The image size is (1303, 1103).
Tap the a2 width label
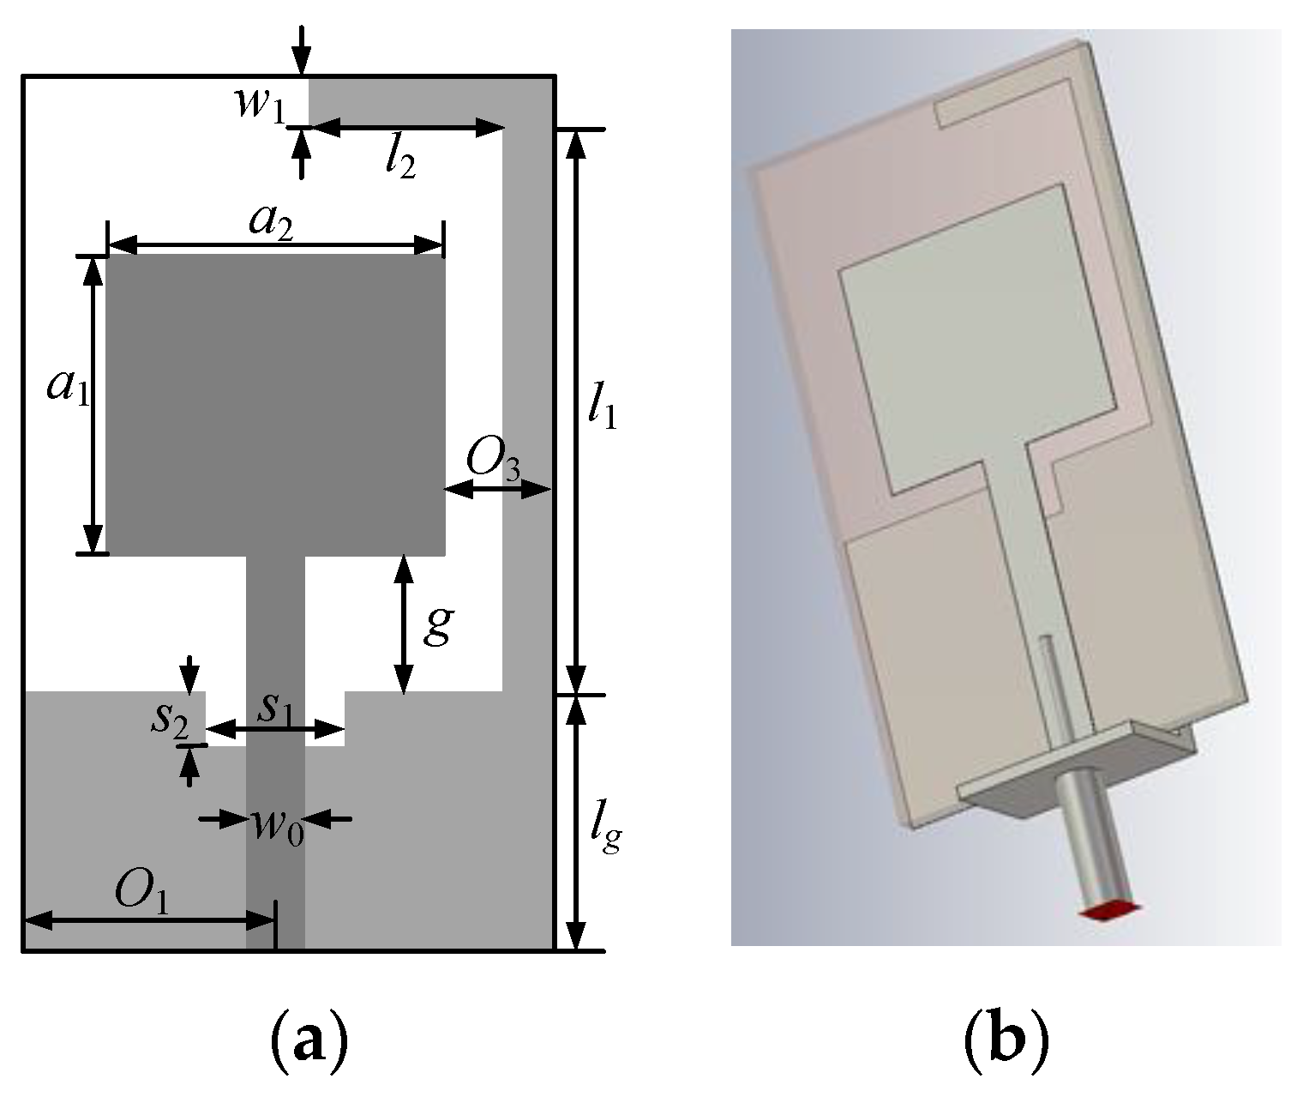(x=271, y=220)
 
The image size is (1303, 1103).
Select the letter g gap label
(x=437, y=624)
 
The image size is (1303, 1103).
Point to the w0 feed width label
(x=277, y=826)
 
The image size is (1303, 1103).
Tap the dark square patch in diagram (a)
(x=274, y=403)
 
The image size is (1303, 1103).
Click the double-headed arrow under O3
(x=497, y=490)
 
